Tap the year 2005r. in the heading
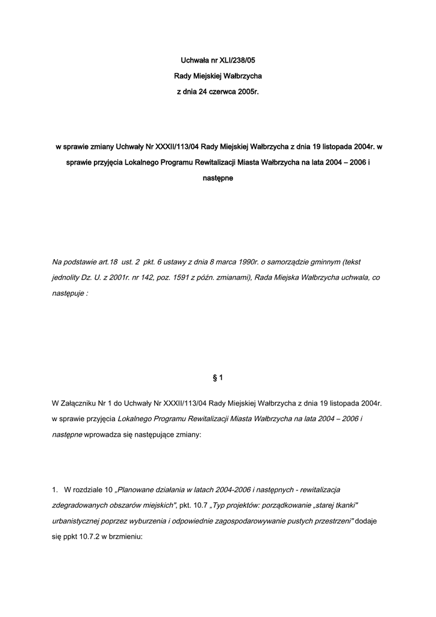click(x=249, y=92)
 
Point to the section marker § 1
click(x=218, y=378)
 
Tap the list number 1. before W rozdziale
click(x=55, y=489)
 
